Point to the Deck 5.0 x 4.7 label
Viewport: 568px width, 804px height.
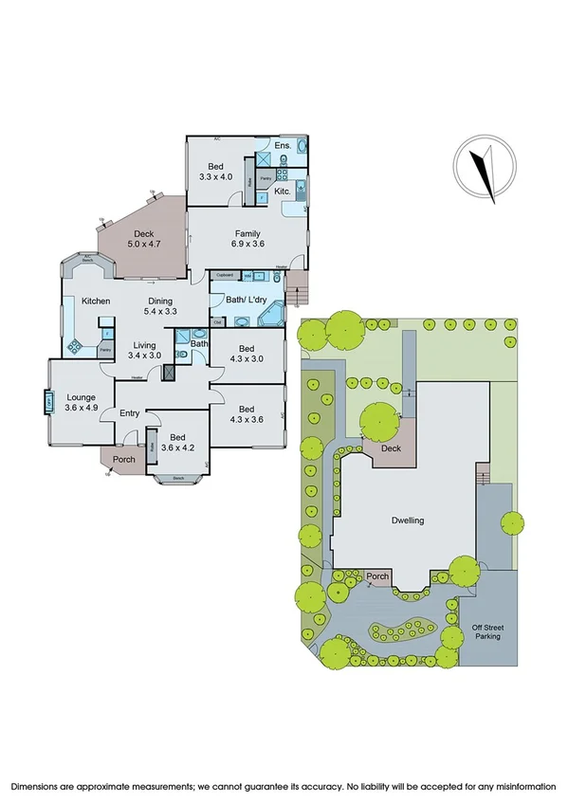click(x=144, y=239)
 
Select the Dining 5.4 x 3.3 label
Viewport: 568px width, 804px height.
click(x=161, y=306)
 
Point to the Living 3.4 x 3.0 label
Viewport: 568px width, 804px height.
click(x=145, y=350)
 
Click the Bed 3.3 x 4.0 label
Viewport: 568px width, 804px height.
click(x=215, y=171)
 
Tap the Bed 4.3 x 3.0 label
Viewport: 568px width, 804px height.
click(x=247, y=353)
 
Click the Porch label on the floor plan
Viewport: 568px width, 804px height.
click(x=124, y=460)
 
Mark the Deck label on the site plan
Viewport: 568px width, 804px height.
click(x=390, y=448)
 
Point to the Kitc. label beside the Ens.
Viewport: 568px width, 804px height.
click(x=283, y=192)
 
